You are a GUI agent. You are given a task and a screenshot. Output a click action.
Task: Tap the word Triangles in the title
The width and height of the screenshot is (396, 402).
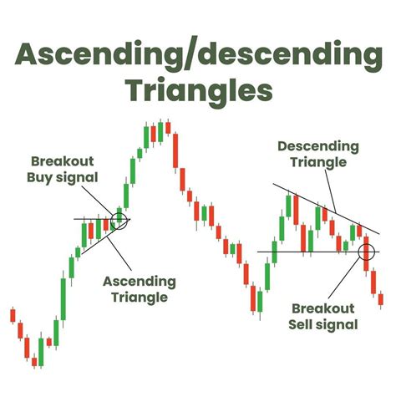tap(198, 89)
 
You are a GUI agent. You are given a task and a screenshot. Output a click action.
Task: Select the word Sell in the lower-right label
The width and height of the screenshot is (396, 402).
tap(306, 324)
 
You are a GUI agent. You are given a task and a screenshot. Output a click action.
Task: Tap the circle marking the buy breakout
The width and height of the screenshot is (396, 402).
tap(119, 220)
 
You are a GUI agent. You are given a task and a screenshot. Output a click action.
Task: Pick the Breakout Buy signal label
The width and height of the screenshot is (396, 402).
tap(64, 169)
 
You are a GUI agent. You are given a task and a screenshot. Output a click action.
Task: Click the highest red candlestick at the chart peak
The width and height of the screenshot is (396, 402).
tap(167, 127)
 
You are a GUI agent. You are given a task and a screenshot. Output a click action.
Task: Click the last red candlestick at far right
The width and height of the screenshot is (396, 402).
tap(381, 298)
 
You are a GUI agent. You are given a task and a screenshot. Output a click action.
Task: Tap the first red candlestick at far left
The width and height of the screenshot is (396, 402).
tap(13, 315)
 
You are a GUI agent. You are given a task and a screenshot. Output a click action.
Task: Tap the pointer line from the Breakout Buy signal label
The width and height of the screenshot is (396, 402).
tap(104, 201)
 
